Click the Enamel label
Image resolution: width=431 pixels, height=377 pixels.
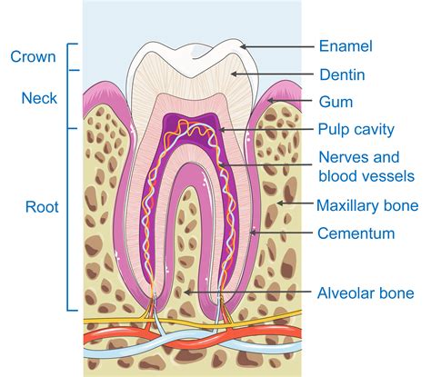pyautogui.click(x=346, y=45)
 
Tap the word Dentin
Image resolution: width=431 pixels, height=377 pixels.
pyautogui.click(x=342, y=74)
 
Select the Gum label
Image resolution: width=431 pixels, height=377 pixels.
pyautogui.click(x=336, y=103)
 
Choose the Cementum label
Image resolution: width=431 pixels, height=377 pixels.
pyautogui.click(x=356, y=233)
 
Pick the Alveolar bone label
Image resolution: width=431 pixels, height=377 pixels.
pyautogui.click(x=366, y=293)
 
